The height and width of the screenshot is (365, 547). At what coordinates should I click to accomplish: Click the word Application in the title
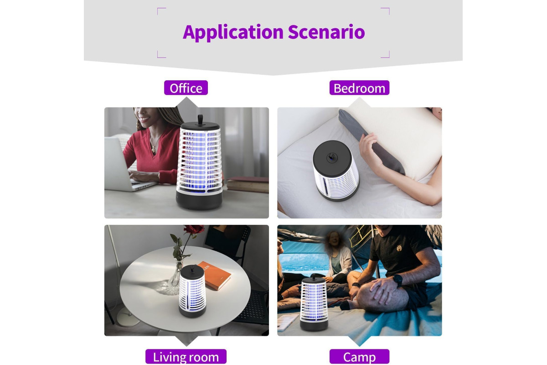233,32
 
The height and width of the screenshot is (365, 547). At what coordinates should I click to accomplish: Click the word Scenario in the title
326,32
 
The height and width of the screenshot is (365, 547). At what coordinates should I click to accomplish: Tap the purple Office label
186,88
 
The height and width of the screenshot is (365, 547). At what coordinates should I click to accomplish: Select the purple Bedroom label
359,88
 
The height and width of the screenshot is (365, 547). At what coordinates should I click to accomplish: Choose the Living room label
186,356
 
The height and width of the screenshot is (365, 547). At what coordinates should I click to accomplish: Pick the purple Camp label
359,356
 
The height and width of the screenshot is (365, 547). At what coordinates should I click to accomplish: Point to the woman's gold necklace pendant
153,149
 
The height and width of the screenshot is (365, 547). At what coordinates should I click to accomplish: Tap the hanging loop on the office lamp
200,120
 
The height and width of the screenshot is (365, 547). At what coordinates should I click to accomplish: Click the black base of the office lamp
199,200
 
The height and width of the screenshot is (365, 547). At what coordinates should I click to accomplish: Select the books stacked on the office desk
248,185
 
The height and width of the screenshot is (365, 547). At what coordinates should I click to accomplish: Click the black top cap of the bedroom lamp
332,158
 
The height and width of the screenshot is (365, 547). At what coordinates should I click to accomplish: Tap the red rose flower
194,230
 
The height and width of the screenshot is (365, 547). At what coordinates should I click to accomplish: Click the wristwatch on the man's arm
397,280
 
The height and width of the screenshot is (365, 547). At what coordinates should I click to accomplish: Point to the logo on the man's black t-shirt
398,248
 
